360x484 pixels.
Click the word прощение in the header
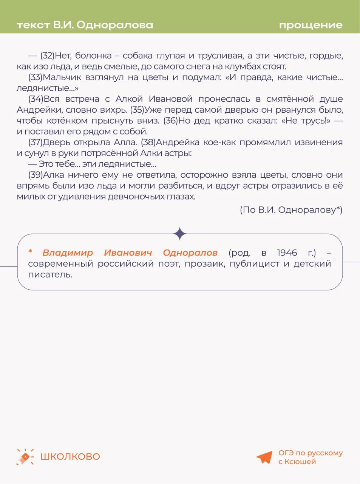click(x=311, y=25)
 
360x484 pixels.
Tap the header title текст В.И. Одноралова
click(x=85, y=25)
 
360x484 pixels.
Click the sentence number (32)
click(x=47, y=56)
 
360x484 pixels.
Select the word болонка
click(x=93, y=56)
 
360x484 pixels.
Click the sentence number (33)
click(x=35, y=78)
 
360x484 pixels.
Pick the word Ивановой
click(x=170, y=99)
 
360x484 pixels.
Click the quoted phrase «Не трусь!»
click(x=308, y=121)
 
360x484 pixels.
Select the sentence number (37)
click(x=35, y=143)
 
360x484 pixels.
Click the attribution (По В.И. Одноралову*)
click(x=291, y=210)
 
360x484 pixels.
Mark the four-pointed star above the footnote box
click(x=180, y=234)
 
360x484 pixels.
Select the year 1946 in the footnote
click(x=287, y=253)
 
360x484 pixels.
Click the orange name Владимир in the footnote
click(x=68, y=253)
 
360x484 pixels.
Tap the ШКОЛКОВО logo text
click(x=70, y=456)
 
